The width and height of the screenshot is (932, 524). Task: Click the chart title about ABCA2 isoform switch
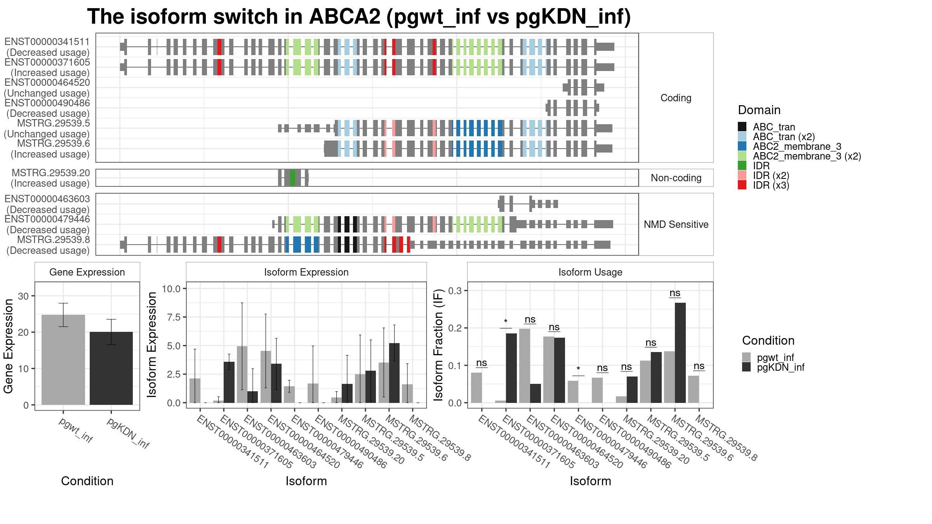359,17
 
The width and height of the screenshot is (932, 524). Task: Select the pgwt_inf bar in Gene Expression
63,360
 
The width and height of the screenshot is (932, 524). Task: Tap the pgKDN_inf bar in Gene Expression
111,368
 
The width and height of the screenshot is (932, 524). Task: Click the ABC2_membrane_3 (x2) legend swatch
742,156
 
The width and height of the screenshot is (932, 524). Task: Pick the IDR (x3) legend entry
764,185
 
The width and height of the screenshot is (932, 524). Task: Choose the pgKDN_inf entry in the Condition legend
773,367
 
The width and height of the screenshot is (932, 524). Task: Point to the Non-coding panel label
676,178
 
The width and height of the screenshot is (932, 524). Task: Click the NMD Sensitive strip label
676,224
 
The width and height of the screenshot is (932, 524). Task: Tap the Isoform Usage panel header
590,272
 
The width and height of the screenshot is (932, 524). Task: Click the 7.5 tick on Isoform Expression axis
171,317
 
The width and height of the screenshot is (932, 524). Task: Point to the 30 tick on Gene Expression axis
23,296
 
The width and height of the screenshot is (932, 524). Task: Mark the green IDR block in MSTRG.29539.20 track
292,178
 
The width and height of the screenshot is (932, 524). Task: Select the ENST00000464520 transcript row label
47,88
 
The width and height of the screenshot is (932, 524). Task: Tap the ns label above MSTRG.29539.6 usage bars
675,293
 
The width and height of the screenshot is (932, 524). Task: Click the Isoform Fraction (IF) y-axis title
438,345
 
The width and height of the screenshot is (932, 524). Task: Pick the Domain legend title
759,110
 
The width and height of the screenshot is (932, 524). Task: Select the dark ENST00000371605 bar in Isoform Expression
229,382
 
